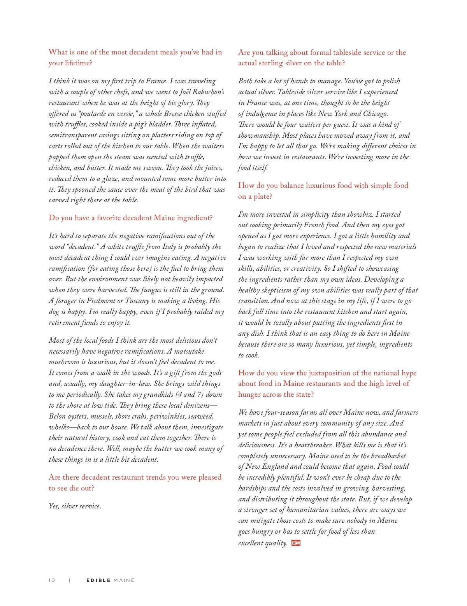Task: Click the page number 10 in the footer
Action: (x=52, y=580)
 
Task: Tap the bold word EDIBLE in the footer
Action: (x=98, y=580)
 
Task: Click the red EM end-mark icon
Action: (x=296, y=543)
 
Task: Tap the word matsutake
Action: (x=189, y=351)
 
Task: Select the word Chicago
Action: (x=375, y=114)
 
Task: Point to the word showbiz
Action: (x=360, y=214)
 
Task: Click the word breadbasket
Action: (x=383, y=455)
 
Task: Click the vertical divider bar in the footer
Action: (x=70, y=580)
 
